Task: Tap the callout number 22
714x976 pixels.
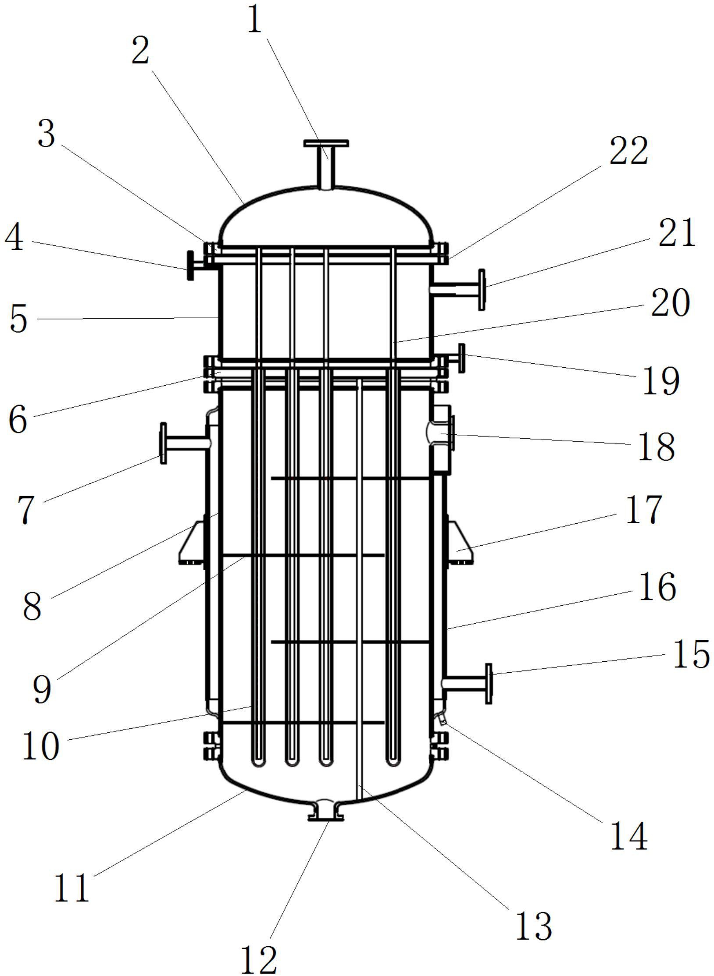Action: pyautogui.click(x=628, y=151)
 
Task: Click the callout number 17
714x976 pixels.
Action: pyautogui.click(x=643, y=510)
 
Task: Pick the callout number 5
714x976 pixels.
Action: pyautogui.click(x=18, y=319)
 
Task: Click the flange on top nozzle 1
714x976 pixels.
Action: pyautogui.click(x=326, y=143)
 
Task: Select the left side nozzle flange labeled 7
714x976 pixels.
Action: pyautogui.click(x=164, y=443)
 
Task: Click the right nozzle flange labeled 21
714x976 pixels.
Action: pyautogui.click(x=482, y=290)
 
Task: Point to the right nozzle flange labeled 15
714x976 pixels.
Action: pyautogui.click(x=489, y=684)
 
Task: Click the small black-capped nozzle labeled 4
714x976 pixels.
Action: pyautogui.click(x=191, y=266)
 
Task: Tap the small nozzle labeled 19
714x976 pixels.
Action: pyautogui.click(x=461, y=358)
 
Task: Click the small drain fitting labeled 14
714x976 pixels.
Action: pyautogui.click(x=443, y=718)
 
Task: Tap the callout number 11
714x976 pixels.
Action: pyautogui.click(x=72, y=888)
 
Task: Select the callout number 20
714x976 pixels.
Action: pyautogui.click(x=670, y=304)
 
